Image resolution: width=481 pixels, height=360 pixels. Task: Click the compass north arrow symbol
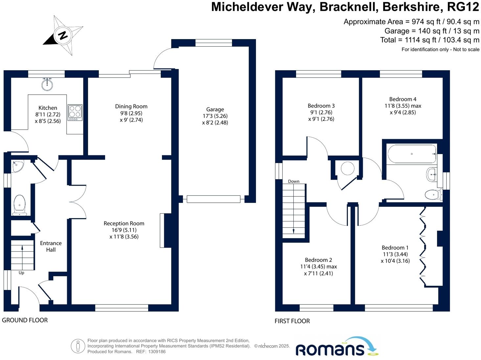63,35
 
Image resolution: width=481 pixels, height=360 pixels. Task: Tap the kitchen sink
47,85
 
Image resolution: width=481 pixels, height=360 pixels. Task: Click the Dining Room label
131,106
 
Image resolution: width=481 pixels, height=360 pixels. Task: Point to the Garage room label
215,109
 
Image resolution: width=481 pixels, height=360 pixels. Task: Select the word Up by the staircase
21,273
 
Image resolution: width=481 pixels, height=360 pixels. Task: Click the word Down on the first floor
293,181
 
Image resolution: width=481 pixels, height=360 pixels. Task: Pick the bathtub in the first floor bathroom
412,154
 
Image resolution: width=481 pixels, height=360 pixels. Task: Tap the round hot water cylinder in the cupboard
347,169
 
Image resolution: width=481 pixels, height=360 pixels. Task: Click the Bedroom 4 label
403,99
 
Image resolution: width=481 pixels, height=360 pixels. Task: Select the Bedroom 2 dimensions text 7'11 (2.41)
318,273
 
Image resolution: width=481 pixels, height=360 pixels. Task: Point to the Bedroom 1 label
395,248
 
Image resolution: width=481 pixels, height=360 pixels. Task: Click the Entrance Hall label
51,246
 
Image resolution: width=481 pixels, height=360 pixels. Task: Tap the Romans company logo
337,347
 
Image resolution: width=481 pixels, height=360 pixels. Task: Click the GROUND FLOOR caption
25,320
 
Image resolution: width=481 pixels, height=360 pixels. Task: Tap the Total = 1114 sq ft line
429,40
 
